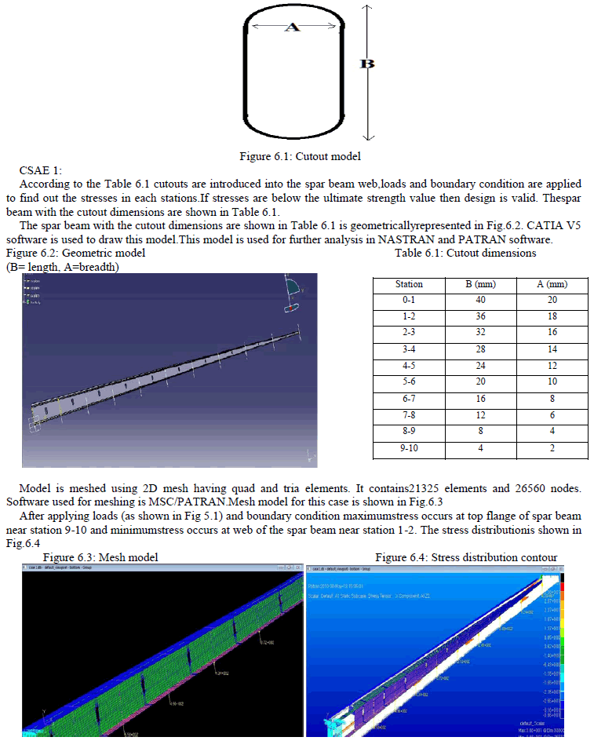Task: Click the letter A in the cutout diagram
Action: click(291, 27)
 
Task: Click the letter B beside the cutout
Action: click(366, 64)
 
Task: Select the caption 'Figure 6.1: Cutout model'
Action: click(300, 156)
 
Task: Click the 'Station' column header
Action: click(408, 284)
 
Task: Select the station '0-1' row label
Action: click(408, 300)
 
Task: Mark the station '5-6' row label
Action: click(408, 381)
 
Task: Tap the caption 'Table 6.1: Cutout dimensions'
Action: click(465, 253)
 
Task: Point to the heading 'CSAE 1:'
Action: click(40, 170)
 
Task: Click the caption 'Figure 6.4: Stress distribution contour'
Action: click(466, 557)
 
